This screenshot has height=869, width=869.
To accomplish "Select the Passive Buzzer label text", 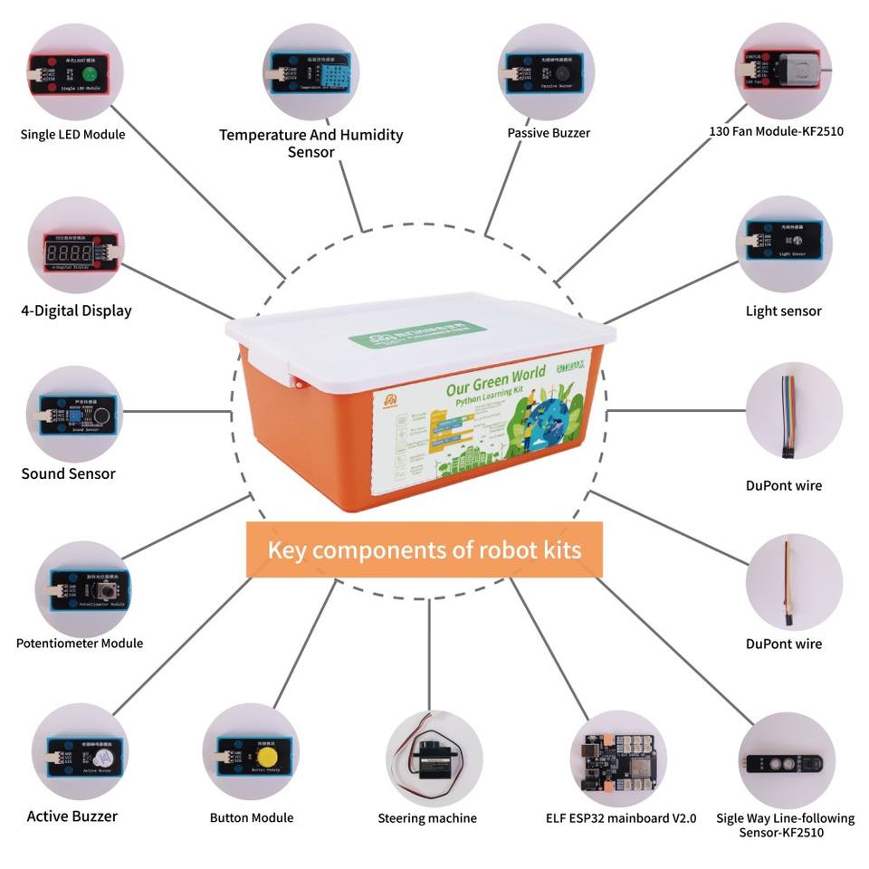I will point(549,133).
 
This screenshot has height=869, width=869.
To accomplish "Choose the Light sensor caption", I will point(783,310).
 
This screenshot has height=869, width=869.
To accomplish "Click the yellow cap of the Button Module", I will point(266,757).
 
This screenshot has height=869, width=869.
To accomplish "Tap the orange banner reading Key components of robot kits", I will point(424,549).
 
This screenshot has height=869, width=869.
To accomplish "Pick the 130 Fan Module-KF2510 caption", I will point(775,131).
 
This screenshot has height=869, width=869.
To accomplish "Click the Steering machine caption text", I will point(426,818).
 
